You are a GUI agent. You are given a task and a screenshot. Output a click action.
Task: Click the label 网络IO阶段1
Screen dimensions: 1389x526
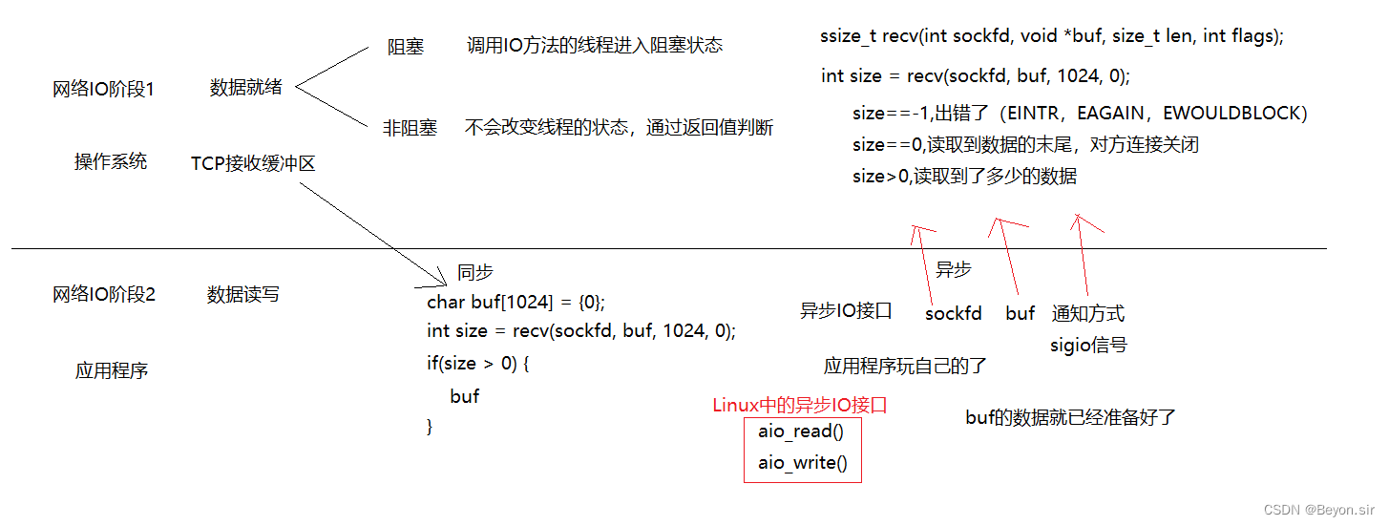pos(103,89)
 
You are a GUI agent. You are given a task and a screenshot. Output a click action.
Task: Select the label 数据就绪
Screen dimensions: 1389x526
pos(246,88)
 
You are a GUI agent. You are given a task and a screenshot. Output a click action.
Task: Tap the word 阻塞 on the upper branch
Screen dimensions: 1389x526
pos(406,47)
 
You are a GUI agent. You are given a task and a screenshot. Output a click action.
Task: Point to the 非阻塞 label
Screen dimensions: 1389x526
pos(410,127)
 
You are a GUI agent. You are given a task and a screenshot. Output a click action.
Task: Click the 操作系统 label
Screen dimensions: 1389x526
pos(111,161)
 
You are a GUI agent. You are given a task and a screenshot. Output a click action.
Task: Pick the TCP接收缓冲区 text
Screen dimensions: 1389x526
pos(253,163)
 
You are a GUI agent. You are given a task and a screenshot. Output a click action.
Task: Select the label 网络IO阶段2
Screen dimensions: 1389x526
pos(104,295)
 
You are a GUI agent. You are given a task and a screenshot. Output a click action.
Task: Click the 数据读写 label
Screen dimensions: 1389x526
pos(243,295)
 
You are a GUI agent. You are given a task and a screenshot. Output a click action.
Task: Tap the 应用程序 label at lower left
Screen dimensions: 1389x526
pos(112,370)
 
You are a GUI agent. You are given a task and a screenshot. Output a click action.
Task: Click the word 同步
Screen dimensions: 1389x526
pos(475,272)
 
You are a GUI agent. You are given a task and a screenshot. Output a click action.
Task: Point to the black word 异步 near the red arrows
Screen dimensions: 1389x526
pos(953,270)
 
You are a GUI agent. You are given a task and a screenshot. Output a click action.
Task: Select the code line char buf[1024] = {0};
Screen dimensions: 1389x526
pos(516,302)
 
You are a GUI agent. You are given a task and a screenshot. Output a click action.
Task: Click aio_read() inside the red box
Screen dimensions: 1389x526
pos(801,431)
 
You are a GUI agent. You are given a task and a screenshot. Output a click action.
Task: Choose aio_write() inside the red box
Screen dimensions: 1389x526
pos(803,463)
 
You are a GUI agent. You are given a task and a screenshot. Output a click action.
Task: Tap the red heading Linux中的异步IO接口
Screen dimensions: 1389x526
pos(800,405)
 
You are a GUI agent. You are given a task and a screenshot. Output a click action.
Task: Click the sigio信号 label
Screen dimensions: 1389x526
pos(1088,345)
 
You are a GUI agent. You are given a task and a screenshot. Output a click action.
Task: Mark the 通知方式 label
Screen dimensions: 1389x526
pos(1088,313)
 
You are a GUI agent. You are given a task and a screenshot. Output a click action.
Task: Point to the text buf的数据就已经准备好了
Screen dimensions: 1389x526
pos(1070,417)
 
